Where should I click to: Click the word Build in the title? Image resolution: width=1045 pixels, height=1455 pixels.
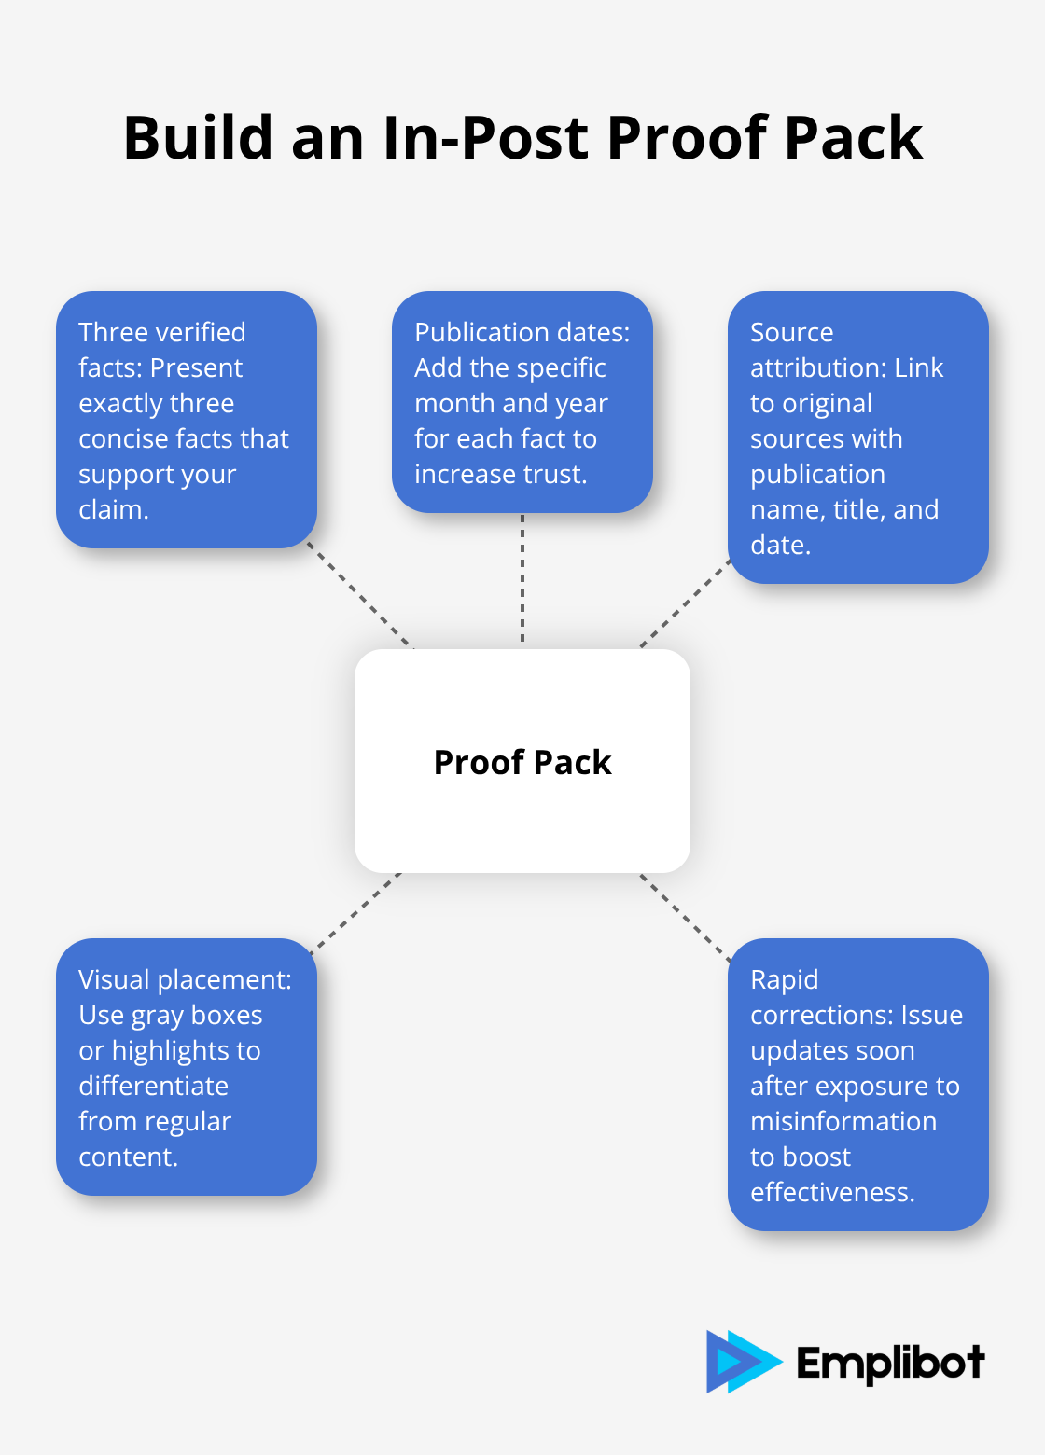pyautogui.click(x=198, y=138)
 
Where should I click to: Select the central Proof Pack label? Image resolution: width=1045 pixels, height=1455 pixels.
pyautogui.click(x=522, y=762)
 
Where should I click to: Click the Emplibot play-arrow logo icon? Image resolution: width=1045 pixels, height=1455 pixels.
pyautogui.click(x=742, y=1362)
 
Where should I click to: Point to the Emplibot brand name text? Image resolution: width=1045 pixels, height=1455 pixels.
pyautogui.click(x=890, y=1364)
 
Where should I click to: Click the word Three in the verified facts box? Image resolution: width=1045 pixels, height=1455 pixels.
pyautogui.click(x=113, y=332)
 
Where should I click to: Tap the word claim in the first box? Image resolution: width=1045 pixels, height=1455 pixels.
pyautogui.click(x=111, y=509)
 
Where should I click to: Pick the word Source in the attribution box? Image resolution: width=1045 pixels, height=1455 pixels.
pyautogui.click(x=791, y=332)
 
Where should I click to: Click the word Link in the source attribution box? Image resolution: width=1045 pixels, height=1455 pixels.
pyautogui.click(x=918, y=367)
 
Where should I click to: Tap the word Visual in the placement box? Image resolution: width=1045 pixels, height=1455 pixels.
pyautogui.click(x=113, y=979)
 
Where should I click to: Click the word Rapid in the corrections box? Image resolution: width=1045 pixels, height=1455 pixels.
pyautogui.click(x=784, y=979)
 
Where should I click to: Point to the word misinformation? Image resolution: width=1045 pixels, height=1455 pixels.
pyautogui.click(x=843, y=1121)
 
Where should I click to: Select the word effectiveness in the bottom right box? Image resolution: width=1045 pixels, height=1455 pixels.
pyautogui.click(x=831, y=1192)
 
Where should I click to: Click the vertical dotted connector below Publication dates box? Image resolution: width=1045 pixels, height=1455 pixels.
pyautogui.click(x=522, y=578)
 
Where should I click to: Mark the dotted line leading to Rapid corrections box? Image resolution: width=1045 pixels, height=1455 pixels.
pyautogui.click(x=686, y=917)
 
